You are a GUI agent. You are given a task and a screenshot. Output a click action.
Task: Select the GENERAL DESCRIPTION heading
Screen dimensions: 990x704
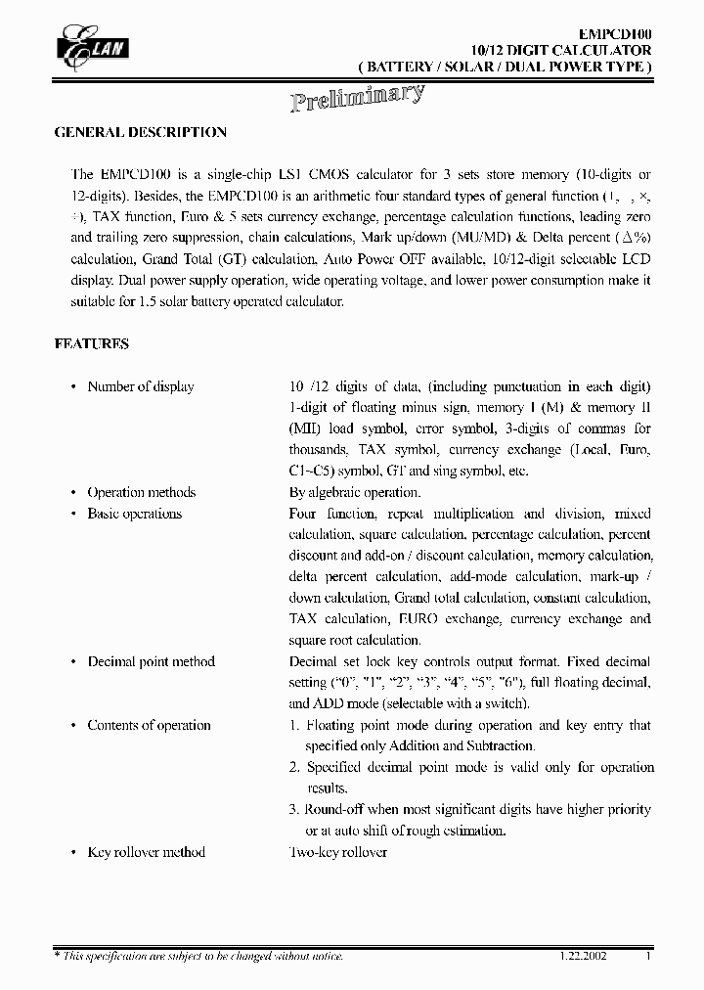(140, 132)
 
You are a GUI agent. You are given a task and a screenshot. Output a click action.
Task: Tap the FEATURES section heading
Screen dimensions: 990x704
(91, 344)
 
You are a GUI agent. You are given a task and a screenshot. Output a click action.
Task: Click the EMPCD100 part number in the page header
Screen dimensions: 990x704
(613, 33)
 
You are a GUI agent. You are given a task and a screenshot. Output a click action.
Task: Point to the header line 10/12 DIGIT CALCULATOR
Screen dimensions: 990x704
(561, 50)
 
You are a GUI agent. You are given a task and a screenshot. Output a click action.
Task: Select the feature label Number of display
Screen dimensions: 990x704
(141, 386)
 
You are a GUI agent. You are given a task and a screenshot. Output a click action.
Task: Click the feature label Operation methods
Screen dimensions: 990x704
(142, 492)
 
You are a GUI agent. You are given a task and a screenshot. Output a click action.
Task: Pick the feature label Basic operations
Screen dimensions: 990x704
(135, 514)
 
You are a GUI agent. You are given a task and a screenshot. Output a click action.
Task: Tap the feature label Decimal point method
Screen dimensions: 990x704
(151, 661)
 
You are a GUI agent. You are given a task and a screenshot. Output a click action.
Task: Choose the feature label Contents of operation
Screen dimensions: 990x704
(149, 725)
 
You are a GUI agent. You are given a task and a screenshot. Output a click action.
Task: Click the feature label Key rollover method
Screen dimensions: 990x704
(146, 852)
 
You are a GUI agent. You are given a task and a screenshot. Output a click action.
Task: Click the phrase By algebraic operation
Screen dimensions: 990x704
(354, 492)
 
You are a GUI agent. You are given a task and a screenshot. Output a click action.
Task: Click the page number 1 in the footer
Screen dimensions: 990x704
(647, 956)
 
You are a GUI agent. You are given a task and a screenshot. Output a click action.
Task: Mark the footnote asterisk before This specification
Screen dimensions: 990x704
(57, 955)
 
